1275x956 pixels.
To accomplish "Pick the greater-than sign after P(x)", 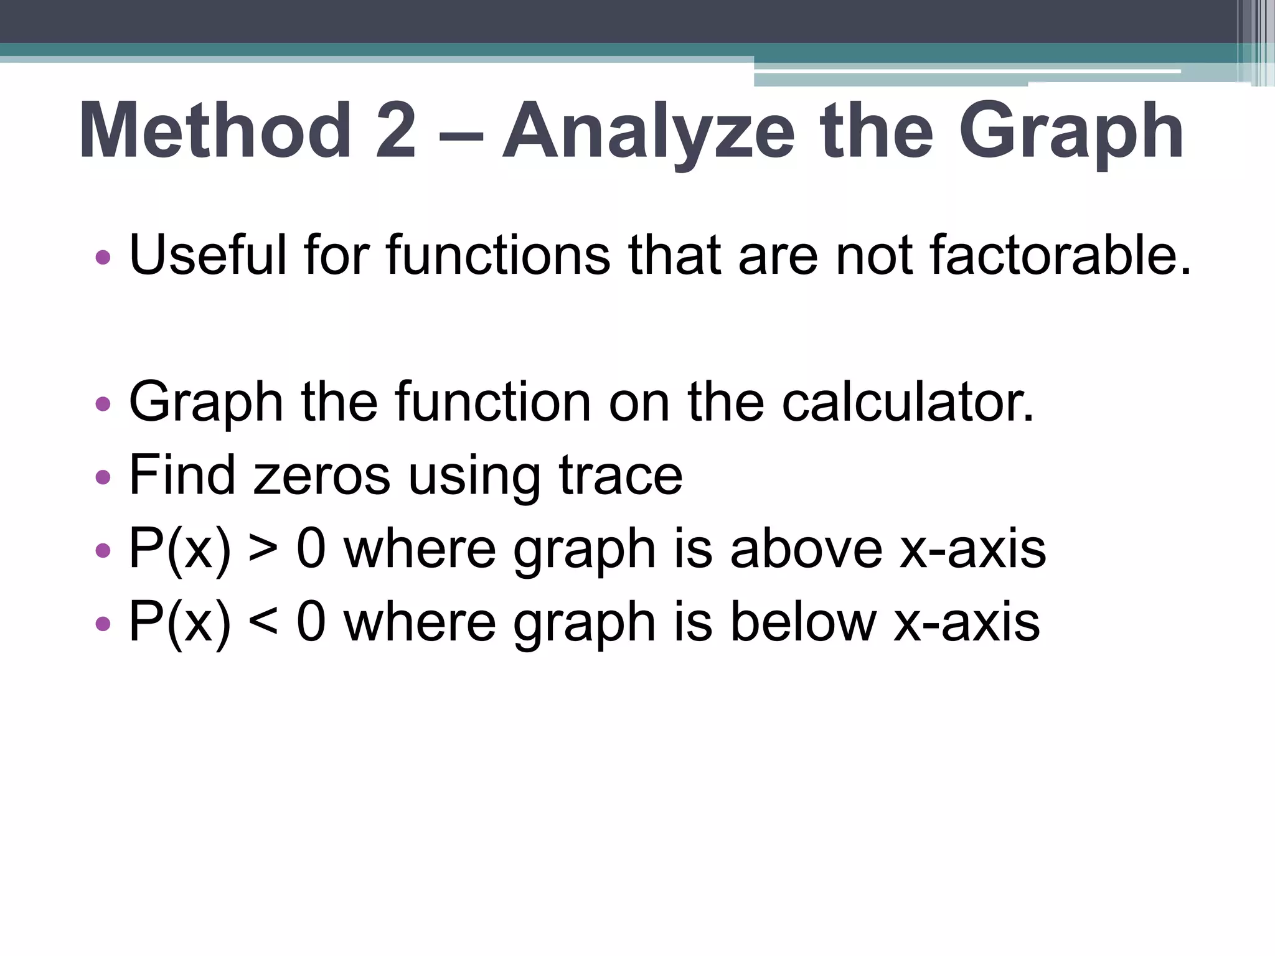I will click(263, 550).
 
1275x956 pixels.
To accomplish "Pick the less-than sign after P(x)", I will click(263, 623).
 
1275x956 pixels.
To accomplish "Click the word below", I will click(802, 622).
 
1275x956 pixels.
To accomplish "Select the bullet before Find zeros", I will click(103, 477).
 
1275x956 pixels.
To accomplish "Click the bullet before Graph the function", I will click(103, 405).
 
